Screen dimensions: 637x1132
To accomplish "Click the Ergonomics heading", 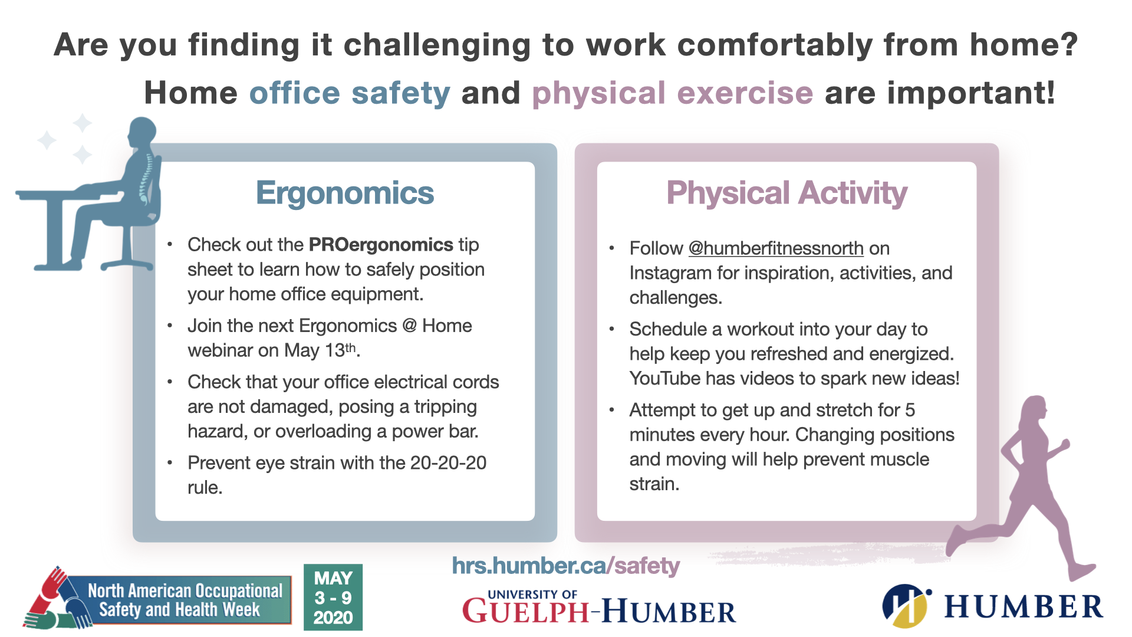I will (x=345, y=193).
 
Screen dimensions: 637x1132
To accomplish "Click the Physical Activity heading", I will (x=787, y=193).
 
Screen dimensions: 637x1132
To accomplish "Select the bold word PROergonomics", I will (x=381, y=245).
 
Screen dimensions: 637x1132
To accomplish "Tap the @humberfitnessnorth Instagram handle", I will (x=776, y=248).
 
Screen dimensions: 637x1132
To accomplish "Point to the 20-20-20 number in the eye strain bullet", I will (x=448, y=463).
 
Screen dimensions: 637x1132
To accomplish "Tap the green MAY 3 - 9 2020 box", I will (x=333, y=597).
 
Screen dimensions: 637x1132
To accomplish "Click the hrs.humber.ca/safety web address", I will (x=565, y=566).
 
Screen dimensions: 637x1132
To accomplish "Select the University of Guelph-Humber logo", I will (x=598, y=608).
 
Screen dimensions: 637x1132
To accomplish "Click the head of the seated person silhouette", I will (x=142, y=130).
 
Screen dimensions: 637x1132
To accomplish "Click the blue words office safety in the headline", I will (x=350, y=93).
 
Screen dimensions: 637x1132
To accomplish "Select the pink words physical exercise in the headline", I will (x=672, y=93).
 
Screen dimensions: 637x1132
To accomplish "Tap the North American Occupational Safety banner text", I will (x=183, y=600).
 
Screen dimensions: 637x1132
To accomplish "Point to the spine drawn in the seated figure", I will (x=146, y=177).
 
